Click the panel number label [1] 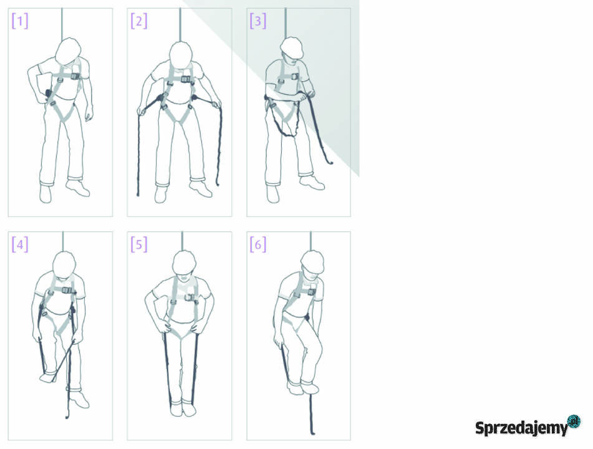coord(20,21)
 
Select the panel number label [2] coord(139,21)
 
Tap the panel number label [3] coord(258,21)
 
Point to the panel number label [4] coord(20,244)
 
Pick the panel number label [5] coord(139,244)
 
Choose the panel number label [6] coord(258,244)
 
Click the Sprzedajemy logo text coord(522,428)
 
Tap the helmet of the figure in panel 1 coord(68,51)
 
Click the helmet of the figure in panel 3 coord(292,47)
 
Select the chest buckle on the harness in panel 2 coord(186,79)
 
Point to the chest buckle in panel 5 coord(191,297)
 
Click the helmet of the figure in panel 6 coord(312,261)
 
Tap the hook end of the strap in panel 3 coord(330,162)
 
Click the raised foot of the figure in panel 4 coord(48,378)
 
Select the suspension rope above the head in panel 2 coord(180,24)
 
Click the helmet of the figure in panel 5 coord(184,262)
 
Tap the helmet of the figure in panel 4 coord(64,263)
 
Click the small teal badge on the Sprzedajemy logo coord(574,421)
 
